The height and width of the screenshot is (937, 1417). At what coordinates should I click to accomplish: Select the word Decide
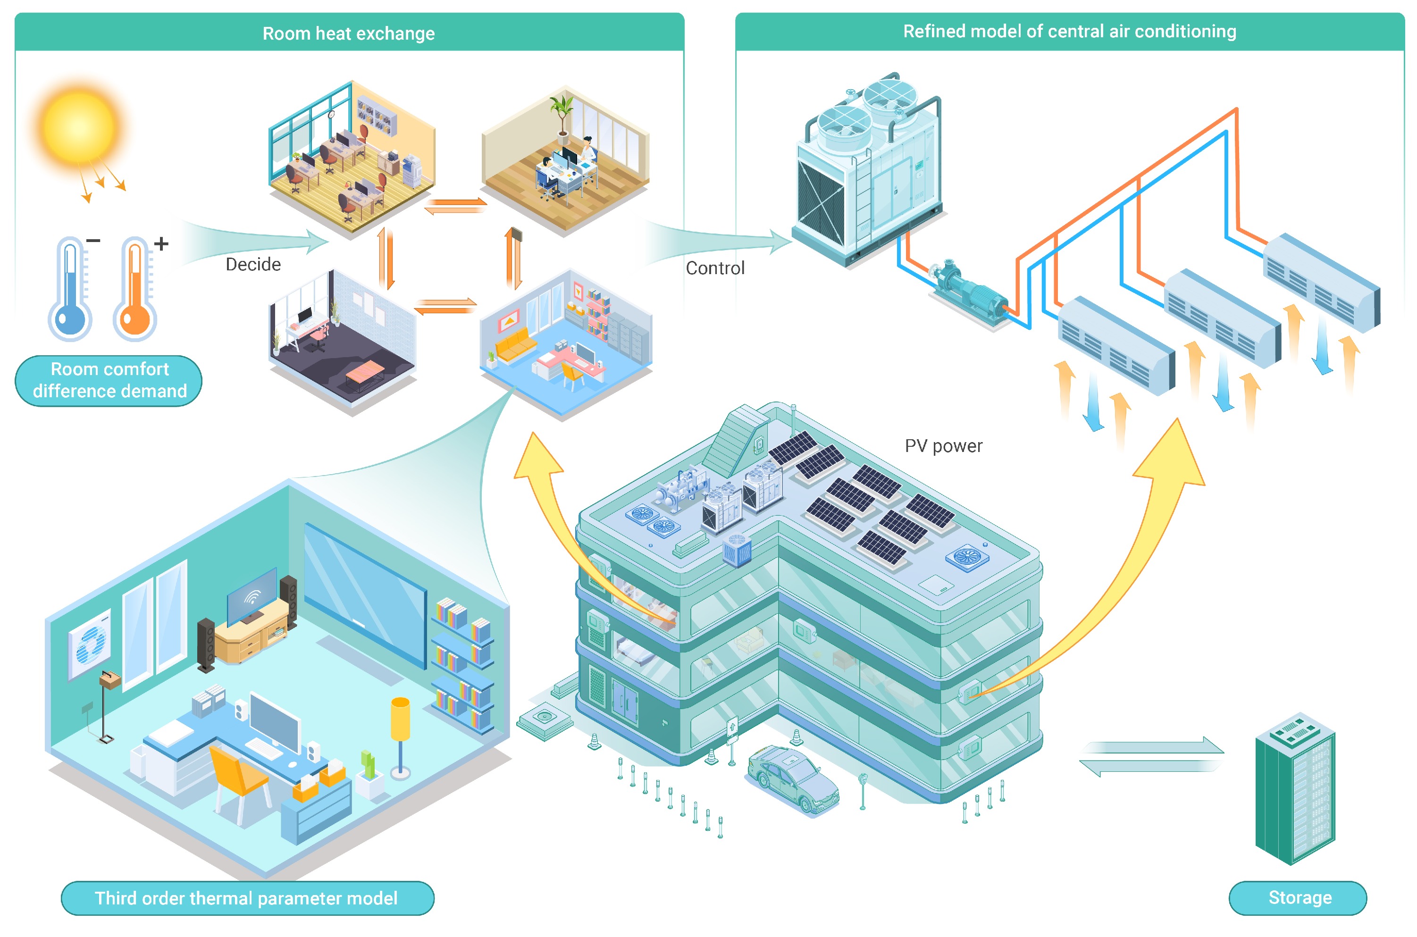click(253, 264)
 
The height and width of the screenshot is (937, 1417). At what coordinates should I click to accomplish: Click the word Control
click(715, 268)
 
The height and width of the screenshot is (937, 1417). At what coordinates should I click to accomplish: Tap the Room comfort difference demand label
click(109, 380)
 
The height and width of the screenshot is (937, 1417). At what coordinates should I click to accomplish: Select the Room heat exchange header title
click(348, 33)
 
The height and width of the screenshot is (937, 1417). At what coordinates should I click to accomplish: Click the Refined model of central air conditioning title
click(1069, 31)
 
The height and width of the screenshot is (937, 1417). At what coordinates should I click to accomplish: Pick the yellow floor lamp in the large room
click(400, 735)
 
